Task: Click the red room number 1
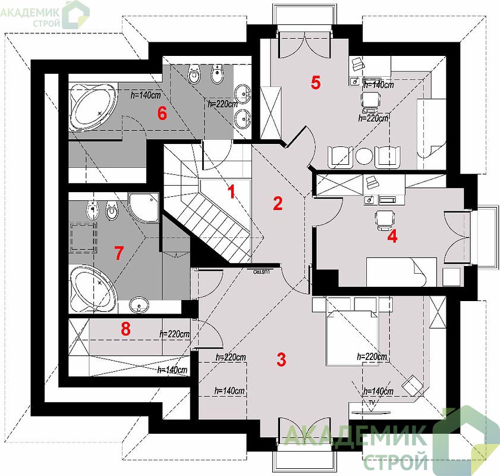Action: click(231, 191)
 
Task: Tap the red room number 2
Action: click(278, 203)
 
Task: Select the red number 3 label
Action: click(281, 359)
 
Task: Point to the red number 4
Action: click(392, 237)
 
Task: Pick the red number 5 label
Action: click(316, 83)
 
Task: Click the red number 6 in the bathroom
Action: click(162, 113)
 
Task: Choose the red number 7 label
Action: click(119, 253)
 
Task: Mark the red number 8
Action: click(125, 328)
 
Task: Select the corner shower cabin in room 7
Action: click(143, 208)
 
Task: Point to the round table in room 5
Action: click(364, 156)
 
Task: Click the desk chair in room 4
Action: click(385, 219)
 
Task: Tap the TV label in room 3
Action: click(372, 402)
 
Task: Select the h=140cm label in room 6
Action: click(146, 95)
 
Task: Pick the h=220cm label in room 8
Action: click(174, 334)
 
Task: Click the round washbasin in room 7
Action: click(139, 305)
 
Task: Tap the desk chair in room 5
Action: click(371, 99)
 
